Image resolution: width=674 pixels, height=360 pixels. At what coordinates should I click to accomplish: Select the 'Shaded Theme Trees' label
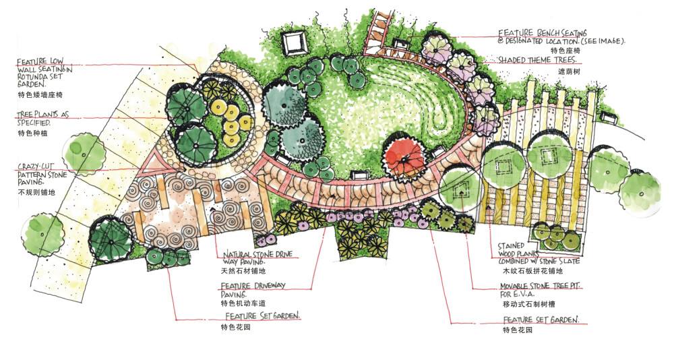(x=537, y=60)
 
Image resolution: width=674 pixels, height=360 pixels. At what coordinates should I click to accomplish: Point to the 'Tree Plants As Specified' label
(x=43, y=119)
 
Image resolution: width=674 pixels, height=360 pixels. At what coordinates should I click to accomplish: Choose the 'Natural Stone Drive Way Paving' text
(x=253, y=259)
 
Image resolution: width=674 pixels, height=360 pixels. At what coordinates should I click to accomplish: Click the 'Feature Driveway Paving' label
(x=253, y=289)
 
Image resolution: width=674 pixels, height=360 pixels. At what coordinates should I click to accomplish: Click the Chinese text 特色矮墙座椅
(x=40, y=95)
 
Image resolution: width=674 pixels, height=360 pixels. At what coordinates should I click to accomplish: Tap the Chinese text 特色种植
(x=31, y=133)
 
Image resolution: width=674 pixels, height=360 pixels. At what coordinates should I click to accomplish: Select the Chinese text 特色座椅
(x=565, y=51)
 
